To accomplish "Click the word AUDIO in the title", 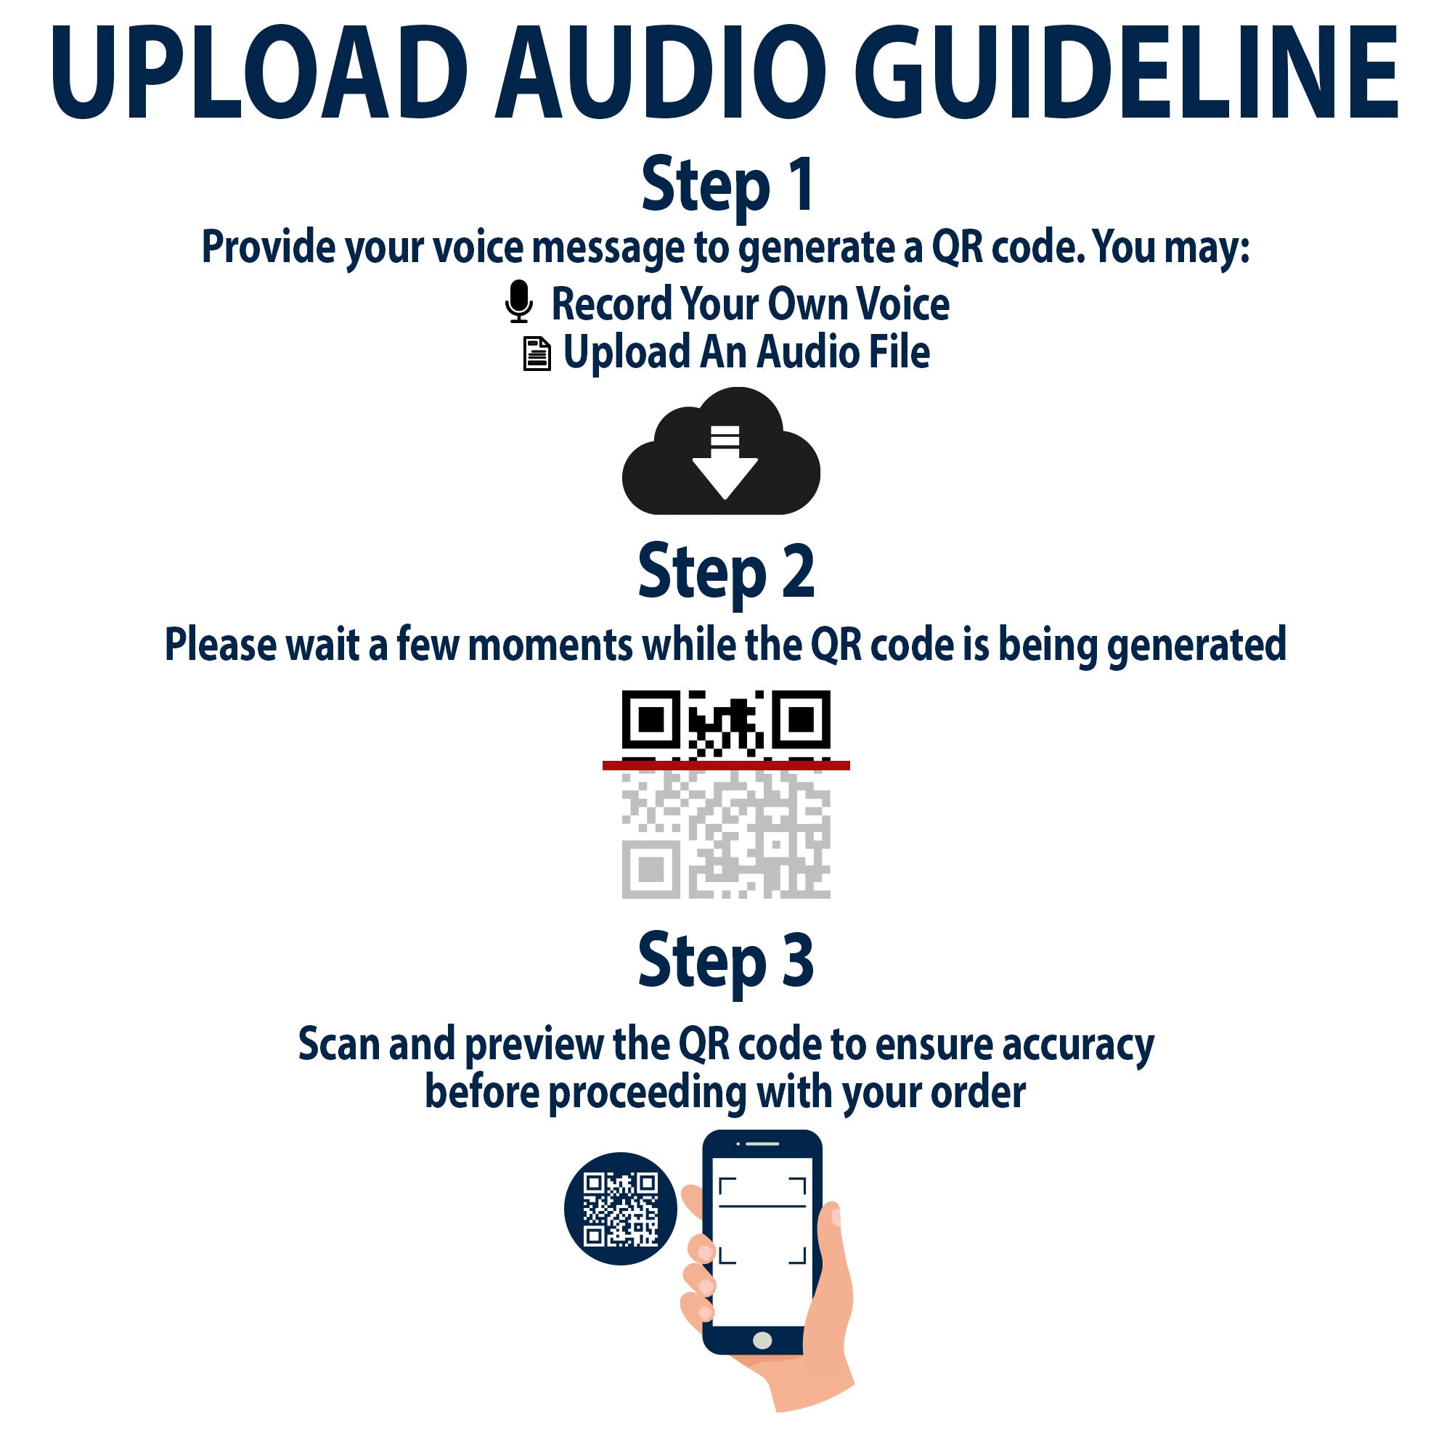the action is pyautogui.click(x=660, y=73).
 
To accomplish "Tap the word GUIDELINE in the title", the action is pyautogui.click(x=1126, y=73).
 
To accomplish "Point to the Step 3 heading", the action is pyautogui.click(x=726, y=962).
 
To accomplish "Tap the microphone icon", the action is pyautogui.click(x=519, y=302).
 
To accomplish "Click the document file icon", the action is pyautogui.click(x=537, y=354).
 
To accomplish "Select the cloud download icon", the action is pyautogui.click(x=722, y=451).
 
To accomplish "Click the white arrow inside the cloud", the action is pyautogui.click(x=725, y=462).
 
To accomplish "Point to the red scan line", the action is pyautogui.click(x=726, y=765).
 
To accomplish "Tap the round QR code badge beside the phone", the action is pyautogui.click(x=621, y=1208).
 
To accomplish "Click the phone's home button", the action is pyautogui.click(x=762, y=1339).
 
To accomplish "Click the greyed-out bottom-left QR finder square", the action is pyautogui.click(x=650, y=870).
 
